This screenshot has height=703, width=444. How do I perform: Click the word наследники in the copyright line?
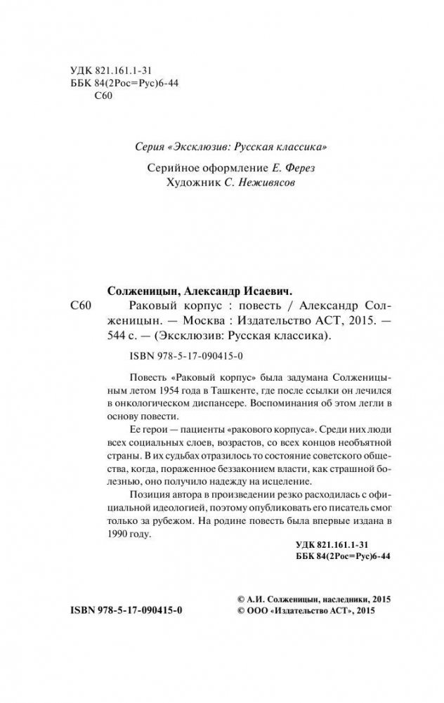[x=346, y=600]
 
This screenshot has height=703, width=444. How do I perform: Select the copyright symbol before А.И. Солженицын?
[x=242, y=600]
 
